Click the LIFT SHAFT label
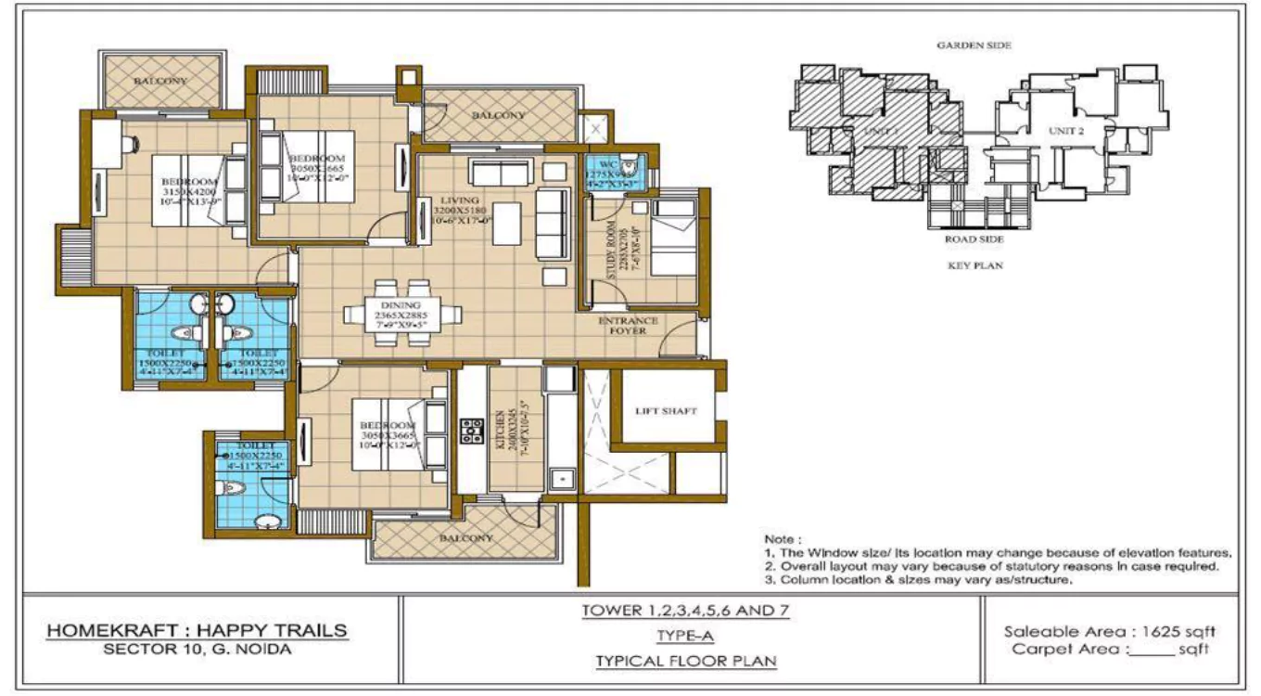coord(666,410)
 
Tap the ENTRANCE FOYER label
coord(628,326)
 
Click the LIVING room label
coord(460,200)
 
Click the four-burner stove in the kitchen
coord(472,430)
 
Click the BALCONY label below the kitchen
coord(465,538)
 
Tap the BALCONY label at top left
coord(160,81)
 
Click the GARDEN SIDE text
coord(974,45)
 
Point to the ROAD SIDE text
coord(974,239)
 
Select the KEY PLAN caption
coord(974,265)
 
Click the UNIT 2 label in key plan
coord(1066,131)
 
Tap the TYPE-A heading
coord(687,636)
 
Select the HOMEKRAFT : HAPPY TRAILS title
coord(197,631)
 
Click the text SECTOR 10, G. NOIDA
coord(197,650)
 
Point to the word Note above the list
coord(779,538)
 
